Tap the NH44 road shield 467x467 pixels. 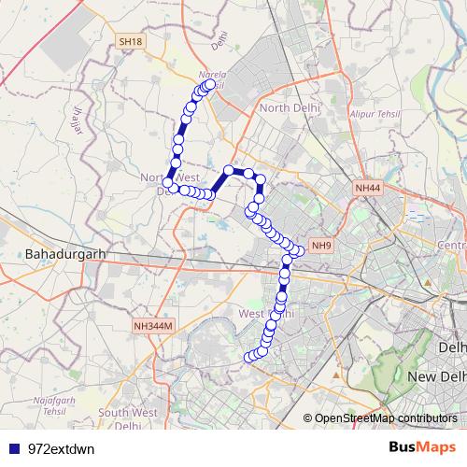point(367,189)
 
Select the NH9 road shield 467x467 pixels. point(321,247)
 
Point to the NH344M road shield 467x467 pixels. point(153,326)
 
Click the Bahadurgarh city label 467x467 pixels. point(63,254)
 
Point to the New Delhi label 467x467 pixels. point(437,375)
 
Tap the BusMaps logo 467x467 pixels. point(422,447)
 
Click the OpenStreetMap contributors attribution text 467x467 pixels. point(386,417)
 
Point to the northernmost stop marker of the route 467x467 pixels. point(210,85)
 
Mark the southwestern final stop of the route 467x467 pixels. point(249,358)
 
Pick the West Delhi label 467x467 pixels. point(266,314)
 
